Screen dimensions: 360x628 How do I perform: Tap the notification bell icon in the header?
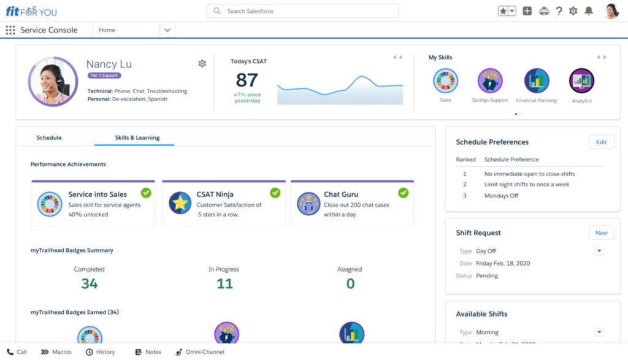click(x=589, y=11)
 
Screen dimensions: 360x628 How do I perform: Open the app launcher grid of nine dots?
click(x=10, y=30)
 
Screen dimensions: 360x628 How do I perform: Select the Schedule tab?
click(x=49, y=137)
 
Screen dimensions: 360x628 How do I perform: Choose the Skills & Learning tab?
click(x=137, y=137)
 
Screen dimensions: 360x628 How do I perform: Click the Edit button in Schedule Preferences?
click(x=601, y=142)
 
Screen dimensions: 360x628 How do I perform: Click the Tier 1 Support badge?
click(x=104, y=75)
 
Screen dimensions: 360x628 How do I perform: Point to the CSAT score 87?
click(x=247, y=80)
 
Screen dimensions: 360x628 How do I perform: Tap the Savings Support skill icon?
click(x=490, y=81)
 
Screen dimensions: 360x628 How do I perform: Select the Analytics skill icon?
click(x=581, y=81)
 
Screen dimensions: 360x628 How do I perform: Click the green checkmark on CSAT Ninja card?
click(x=275, y=193)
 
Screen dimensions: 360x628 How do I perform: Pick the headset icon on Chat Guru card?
click(x=308, y=204)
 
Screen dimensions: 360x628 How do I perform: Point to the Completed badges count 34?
click(x=90, y=283)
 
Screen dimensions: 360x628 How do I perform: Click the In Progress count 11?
click(x=224, y=283)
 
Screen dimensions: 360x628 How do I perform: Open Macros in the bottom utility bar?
click(x=56, y=352)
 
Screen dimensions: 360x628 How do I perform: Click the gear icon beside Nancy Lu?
click(x=202, y=63)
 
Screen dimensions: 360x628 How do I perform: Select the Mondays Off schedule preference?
click(x=501, y=196)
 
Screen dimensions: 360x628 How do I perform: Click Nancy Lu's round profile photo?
click(x=49, y=82)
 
